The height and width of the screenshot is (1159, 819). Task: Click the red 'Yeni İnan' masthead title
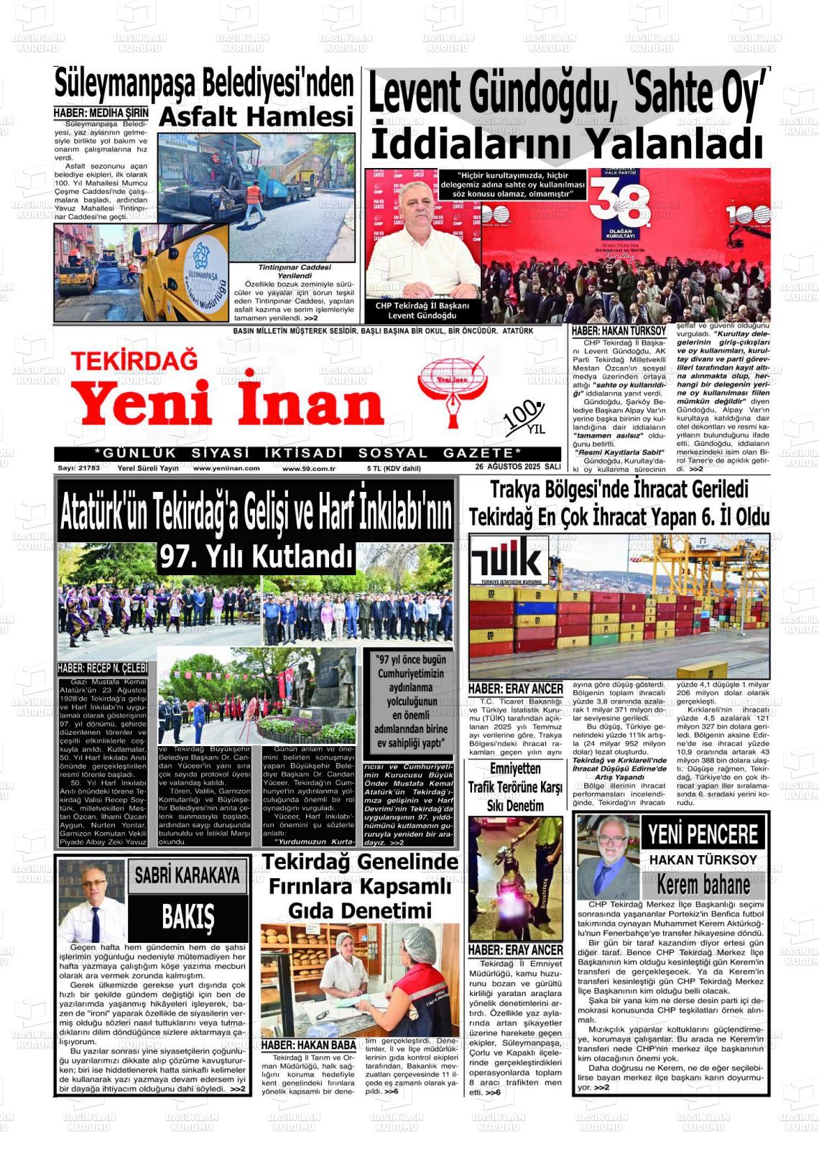coord(228,404)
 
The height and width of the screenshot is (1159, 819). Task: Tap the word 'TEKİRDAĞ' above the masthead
coord(134,360)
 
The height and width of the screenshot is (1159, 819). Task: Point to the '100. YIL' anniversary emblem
coord(524,417)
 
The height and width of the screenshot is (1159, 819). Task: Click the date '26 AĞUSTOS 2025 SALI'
coord(517,467)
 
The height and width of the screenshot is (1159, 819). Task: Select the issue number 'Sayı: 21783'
coord(79,468)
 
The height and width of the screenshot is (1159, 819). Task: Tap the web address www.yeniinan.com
coord(226,468)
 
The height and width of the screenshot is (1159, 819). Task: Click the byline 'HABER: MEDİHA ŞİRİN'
coord(101,113)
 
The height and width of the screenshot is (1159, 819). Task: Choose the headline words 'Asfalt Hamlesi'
coord(256,117)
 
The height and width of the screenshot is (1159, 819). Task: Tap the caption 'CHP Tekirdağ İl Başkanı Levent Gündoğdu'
coord(422,310)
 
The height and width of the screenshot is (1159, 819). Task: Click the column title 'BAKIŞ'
coord(188,917)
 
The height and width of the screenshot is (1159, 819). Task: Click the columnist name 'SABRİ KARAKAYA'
coord(188,875)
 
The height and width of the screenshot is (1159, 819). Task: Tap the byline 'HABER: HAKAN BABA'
coord(308,1045)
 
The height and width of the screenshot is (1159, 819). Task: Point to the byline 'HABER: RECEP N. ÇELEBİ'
coord(103,669)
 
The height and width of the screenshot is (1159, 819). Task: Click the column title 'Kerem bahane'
coord(703,884)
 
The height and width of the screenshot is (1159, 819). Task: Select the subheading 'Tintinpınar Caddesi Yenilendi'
coord(295,271)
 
